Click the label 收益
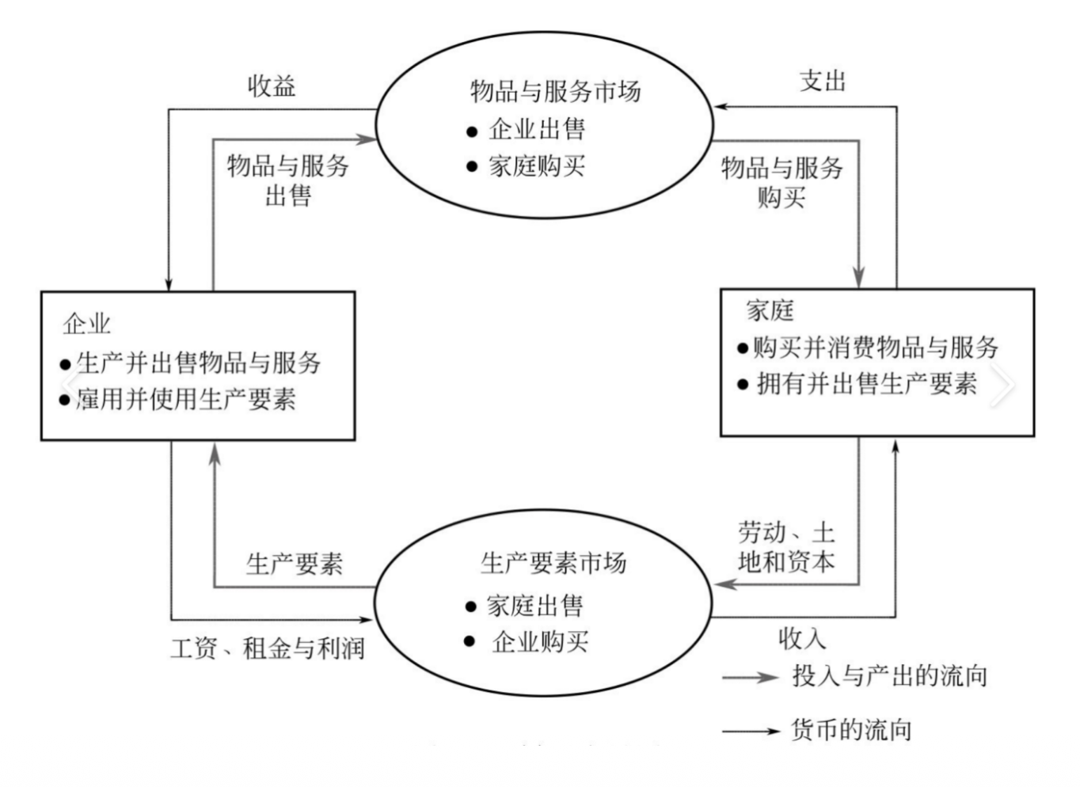pos(272,86)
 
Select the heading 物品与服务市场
pos(555,91)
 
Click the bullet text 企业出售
pos(537,129)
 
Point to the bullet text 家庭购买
pos(537,166)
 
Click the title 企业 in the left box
pos(86,323)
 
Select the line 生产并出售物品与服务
pos(198,363)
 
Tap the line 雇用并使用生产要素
pos(185,399)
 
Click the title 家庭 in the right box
pos(770,310)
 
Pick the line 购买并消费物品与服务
pos(875,347)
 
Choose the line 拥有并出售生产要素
pos(866,384)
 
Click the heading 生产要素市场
pos(553,563)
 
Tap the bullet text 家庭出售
pos(534,606)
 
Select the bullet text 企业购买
pos(540,641)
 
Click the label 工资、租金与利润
pos(268,648)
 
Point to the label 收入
pos(801,637)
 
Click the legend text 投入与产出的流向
pos(889,676)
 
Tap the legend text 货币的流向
pos(851,729)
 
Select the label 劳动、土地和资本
pos(786,547)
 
